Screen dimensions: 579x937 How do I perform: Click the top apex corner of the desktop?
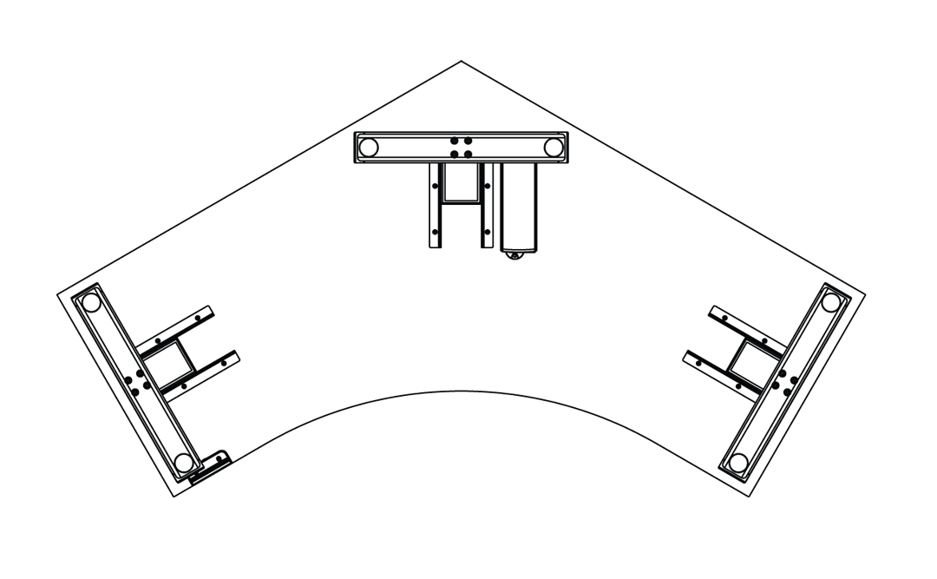coord(461,61)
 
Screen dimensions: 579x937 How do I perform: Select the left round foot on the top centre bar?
coord(369,148)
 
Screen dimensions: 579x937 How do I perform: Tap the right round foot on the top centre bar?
coord(552,148)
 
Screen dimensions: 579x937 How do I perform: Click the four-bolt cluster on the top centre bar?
coord(461,147)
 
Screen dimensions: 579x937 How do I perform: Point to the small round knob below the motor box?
coord(515,255)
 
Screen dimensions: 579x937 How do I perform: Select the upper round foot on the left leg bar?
coord(90,303)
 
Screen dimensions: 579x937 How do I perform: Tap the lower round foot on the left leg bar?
coord(183,462)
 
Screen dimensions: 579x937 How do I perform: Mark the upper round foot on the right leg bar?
coord(830,303)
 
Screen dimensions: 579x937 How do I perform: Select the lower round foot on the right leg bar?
coord(738,462)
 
